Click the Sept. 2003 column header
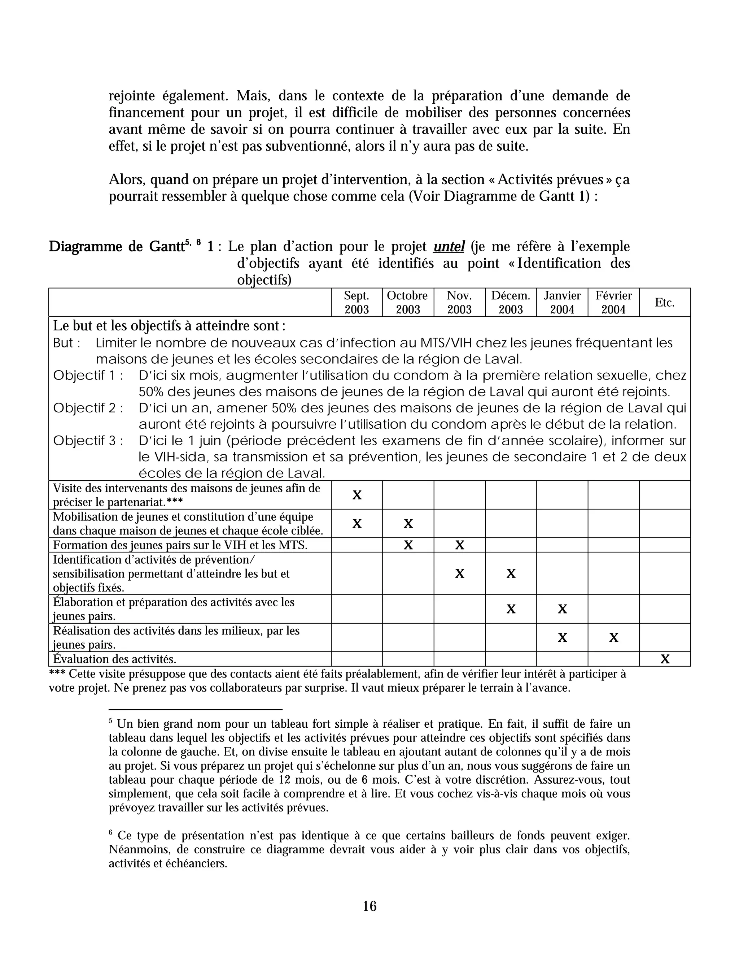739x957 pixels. [x=357, y=302]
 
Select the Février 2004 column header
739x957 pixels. [x=613, y=302]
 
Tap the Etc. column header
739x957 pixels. [x=664, y=302]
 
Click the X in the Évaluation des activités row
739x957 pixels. [x=665, y=659]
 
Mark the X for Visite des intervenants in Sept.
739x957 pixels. [x=357, y=495]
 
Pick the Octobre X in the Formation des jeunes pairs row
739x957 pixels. [x=408, y=545]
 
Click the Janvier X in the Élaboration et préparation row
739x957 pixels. [x=562, y=609]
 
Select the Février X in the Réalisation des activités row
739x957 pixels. [x=613, y=637]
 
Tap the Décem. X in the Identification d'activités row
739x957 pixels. [x=511, y=573]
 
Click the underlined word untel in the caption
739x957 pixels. [x=449, y=247]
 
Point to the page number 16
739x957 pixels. [x=369, y=906]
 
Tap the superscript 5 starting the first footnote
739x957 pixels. [x=111, y=721]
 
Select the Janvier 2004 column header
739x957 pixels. [x=562, y=302]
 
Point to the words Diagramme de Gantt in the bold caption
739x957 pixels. [x=116, y=247]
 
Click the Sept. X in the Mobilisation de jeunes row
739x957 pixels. [x=357, y=524]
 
